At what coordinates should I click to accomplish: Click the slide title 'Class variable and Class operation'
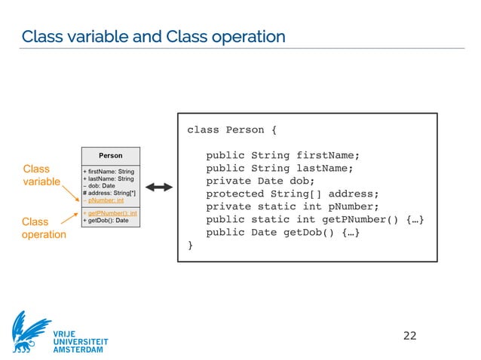(153, 36)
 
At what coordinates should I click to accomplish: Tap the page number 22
(409, 334)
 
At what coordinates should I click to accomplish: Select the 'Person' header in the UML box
(111, 156)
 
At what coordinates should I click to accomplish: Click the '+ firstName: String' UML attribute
(109, 172)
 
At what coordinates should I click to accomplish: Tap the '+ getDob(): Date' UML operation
(106, 221)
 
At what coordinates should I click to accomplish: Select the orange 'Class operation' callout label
(44, 228)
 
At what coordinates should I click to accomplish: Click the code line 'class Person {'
(232, 130)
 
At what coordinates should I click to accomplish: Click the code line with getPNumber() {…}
(319, 219)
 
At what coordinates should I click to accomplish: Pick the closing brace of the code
(191, 245)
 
